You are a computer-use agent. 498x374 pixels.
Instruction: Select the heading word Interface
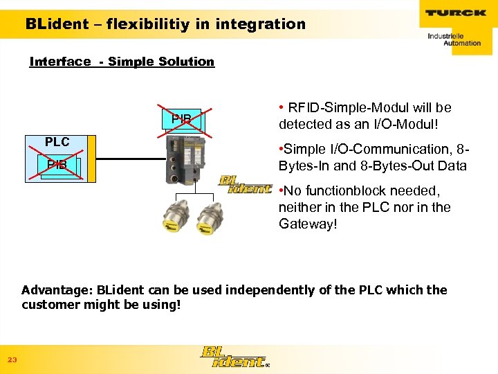(60, 62)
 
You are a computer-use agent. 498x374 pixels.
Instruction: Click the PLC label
(57, 142)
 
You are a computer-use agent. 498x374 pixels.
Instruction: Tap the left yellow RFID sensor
(172, 221)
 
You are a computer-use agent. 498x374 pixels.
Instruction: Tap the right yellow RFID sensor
(211, 221)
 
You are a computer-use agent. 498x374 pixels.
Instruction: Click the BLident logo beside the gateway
(246, 184)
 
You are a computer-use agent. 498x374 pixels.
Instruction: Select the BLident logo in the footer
(232, 356)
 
